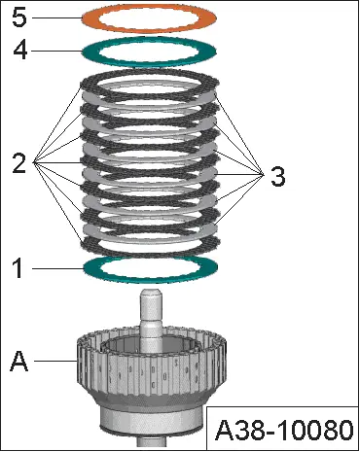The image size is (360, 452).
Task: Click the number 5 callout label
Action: coord(19,17)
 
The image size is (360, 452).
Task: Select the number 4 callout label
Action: coord(20,51)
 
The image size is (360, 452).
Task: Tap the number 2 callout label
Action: coord(19,163)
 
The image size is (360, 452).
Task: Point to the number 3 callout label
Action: coord(278,177)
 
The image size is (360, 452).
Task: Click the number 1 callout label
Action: coord(18,268)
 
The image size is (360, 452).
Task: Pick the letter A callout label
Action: coord(19,361)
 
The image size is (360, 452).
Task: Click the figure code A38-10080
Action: coord(284,430)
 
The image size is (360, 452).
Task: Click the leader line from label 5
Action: coord(56,17)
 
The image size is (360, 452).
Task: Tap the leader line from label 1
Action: coord(57,268)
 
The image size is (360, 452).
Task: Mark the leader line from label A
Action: coord(55,361)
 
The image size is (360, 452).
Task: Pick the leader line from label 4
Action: coord(57,51)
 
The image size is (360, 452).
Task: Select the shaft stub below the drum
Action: coord(151,441)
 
